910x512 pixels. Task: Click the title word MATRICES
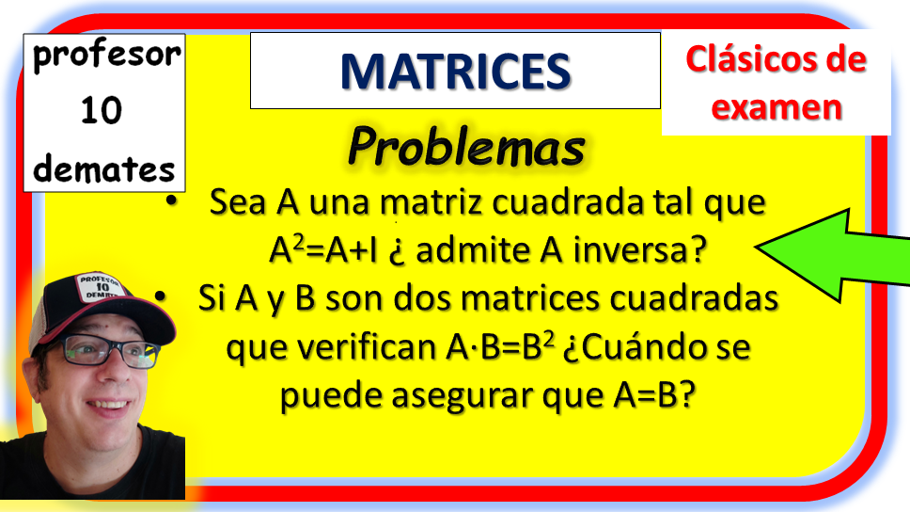pos(456,72)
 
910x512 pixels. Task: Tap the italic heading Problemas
pos(466,147)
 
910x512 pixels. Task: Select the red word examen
pos(777,107)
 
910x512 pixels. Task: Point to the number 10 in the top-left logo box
pos(102,110)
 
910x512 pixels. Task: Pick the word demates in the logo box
pos(104,168)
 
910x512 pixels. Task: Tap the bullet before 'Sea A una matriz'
pos(171,201)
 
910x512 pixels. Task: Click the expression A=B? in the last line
pos(654,395)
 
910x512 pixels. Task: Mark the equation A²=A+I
pos(323,250)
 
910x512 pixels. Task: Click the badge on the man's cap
pos(101,286)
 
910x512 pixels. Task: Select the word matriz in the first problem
pos(431,203)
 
